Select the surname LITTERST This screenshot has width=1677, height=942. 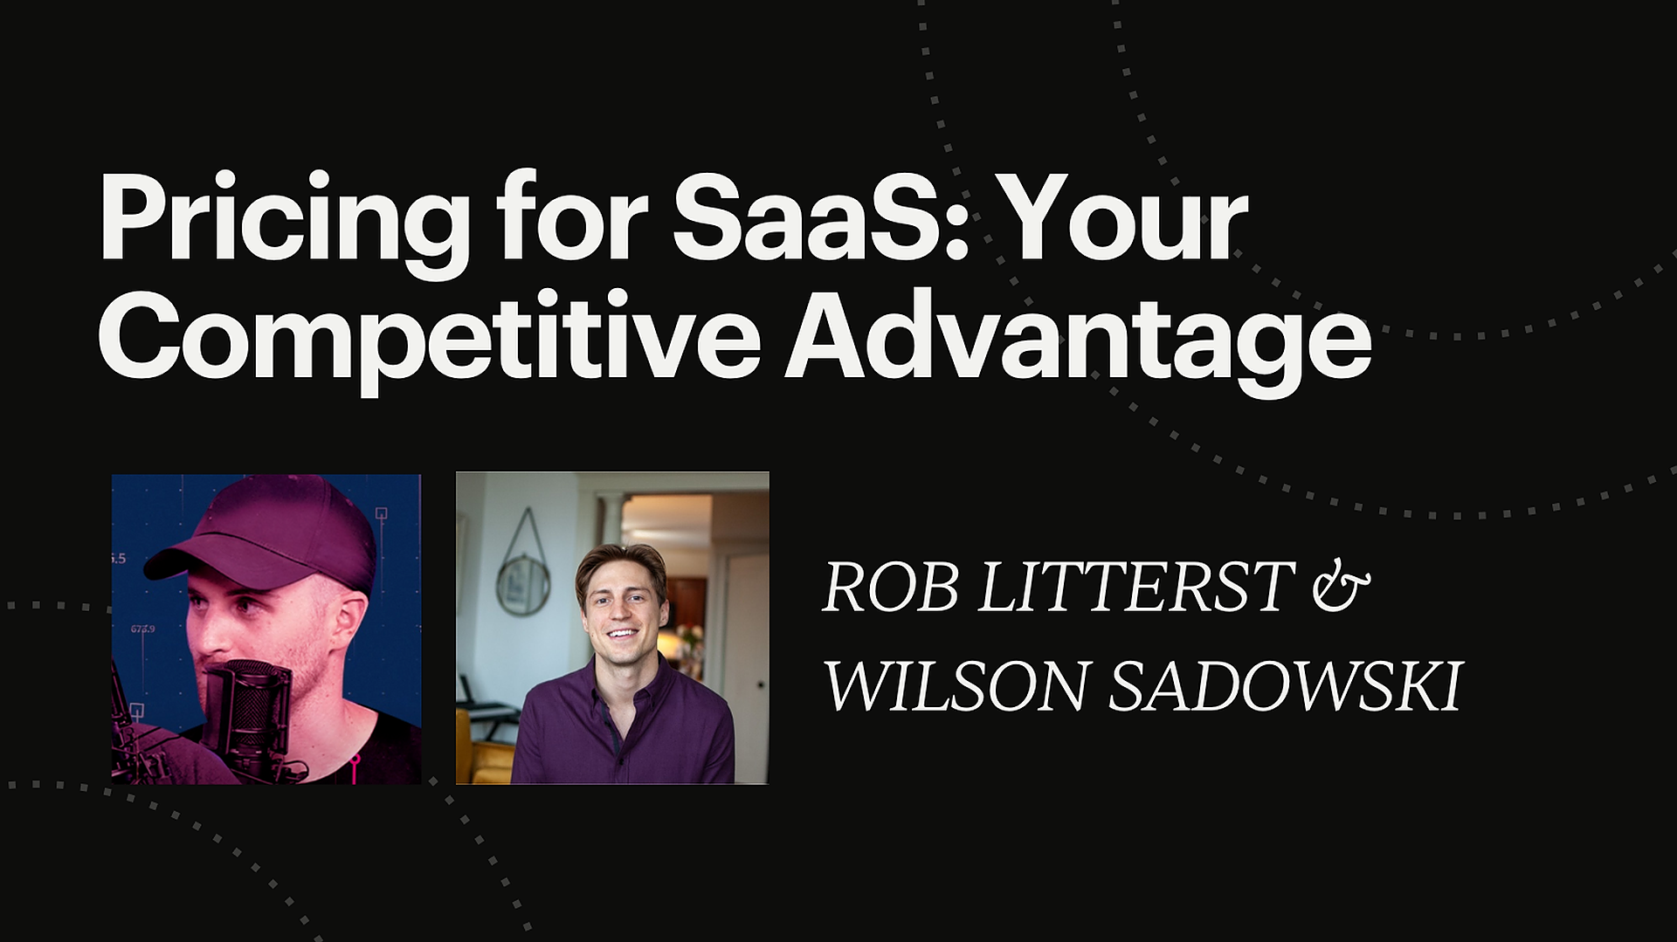1135,588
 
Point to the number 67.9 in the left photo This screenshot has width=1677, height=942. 143,629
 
